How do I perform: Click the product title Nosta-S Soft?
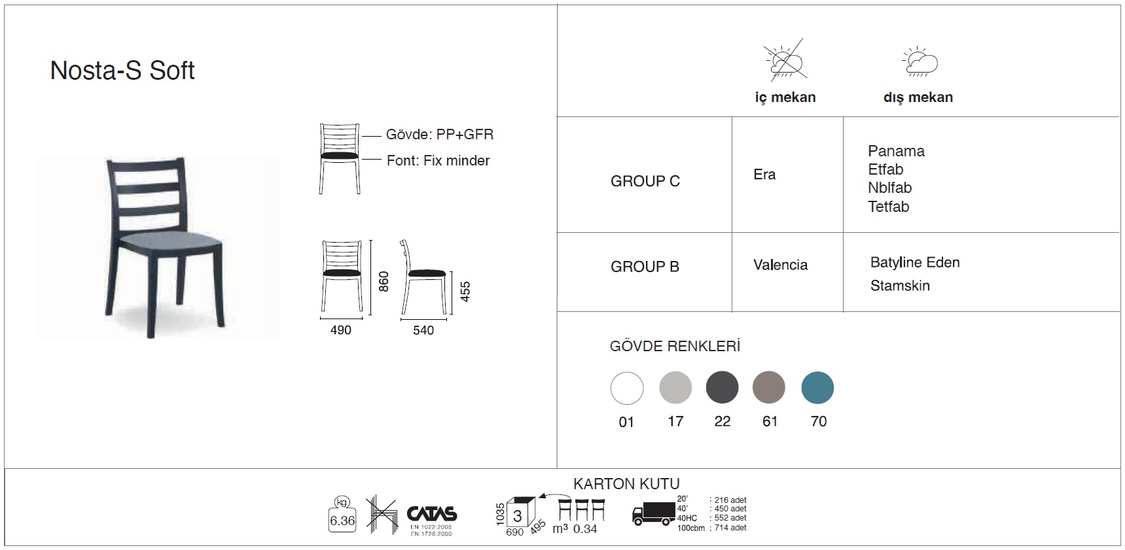tap(122, 71)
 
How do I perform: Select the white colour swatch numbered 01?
tap(627, 388)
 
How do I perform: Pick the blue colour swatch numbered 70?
tap(817, 388)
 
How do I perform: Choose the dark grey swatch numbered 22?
tap(723, 387)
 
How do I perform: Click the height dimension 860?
tap(384, 281)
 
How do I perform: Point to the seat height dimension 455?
tap(465, 291)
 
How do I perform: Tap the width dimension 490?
tap(341, 330)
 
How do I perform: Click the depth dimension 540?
tap(423, 330)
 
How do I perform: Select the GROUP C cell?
tap(645, 181)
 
